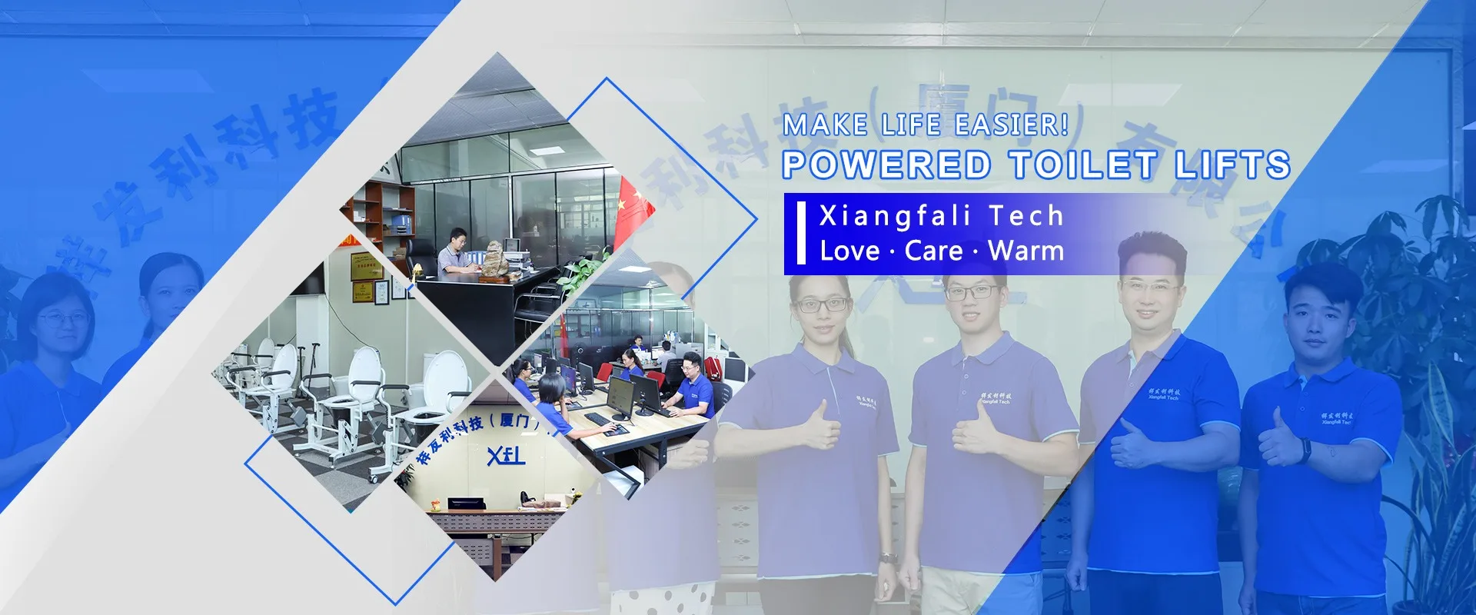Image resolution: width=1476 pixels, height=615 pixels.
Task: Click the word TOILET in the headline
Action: click(x=1083, y=165)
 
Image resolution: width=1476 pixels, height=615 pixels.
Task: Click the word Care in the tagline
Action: click(x=934, y=251)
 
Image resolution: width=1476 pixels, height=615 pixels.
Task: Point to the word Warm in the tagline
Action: click(x=1026, y=251)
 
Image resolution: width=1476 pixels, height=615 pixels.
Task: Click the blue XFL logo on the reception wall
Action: click(x=506, y=455)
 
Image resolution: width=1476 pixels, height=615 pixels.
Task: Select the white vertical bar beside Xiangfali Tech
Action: click(x=801, y=233)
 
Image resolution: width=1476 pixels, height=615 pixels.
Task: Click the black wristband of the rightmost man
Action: click(x=1305, y=450)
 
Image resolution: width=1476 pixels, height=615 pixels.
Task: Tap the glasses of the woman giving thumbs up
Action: click(x=822, y=305)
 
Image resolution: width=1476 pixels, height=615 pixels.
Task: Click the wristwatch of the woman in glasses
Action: click(x=888, y=557)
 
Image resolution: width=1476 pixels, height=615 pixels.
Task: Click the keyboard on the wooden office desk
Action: click(x=598, y=419)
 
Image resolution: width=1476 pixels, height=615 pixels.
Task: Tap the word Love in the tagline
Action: click(x=849, y=251)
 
